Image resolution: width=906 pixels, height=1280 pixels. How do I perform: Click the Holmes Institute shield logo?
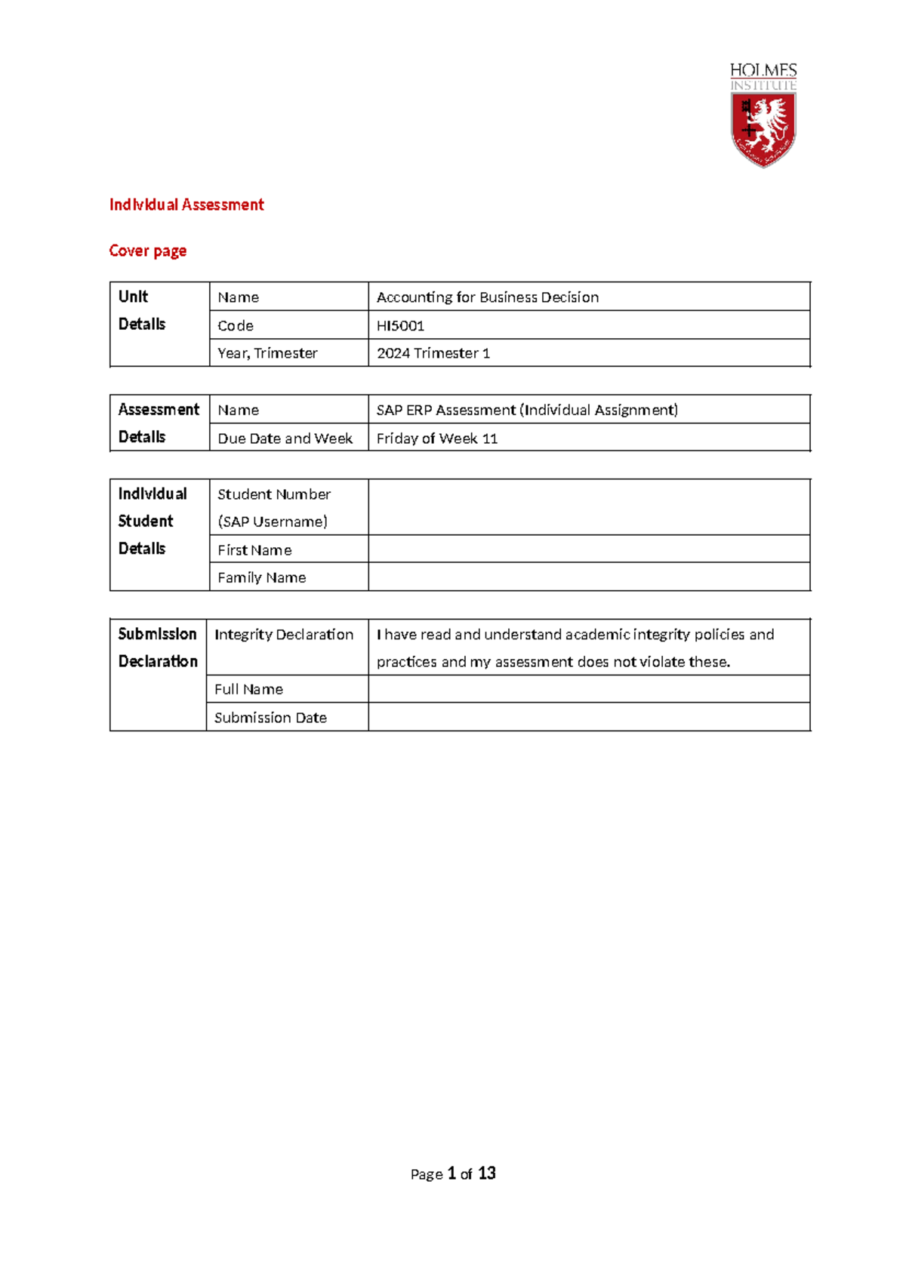pyautogui.click(x=763, y=128)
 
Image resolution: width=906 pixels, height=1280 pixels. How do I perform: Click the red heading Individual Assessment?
pyautogui.click(x=186, y=205)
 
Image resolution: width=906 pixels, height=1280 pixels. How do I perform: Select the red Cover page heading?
pyautogui.click(x=148, y=251)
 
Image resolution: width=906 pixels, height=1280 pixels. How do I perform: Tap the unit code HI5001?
pyautogui.click(x=400, y=325)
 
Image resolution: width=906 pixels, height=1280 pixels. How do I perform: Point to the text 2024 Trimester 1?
pyautogui.click(x=433, y=353)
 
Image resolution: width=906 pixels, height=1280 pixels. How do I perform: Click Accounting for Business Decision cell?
pyautogui.click(x=488, y=297)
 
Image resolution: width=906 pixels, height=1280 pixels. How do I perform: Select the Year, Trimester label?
pyautogui.click(x=267, y=353)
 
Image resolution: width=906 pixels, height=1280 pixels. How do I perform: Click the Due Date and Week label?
pyautogui.click(x=285, y=438)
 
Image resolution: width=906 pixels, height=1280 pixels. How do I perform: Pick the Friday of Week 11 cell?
pyautogui.click(x=437, y=438)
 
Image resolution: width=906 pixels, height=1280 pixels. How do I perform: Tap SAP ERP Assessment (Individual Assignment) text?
pyautogui.click(x=527, y=410)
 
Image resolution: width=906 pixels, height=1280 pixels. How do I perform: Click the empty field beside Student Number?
pyautogui.click(x=589, y=507)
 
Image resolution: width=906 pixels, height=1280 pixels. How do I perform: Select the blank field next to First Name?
pyautogui.click(x=589, y=549)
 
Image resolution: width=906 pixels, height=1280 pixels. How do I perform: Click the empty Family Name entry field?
pyautogui.click(x=589, y=577)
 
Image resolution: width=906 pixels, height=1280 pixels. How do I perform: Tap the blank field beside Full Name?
pyautogui.click(x=589, y=689)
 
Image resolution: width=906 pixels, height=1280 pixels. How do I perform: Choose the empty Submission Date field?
pyautogui.click(x=589, y=717)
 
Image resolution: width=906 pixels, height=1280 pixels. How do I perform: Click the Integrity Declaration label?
pyautogui.click(x=284, y=635)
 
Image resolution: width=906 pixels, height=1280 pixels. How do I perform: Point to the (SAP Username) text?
pyautogui.click(x=273, y=522)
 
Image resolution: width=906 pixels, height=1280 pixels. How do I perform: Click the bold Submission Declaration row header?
pyautogui.click(x=158, y=648)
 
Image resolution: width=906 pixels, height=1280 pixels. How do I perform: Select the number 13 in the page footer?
pyautogui.click(x=487, y=1173)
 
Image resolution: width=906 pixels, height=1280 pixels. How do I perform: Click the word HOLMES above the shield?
pyautogui.click(x=763, y=70)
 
